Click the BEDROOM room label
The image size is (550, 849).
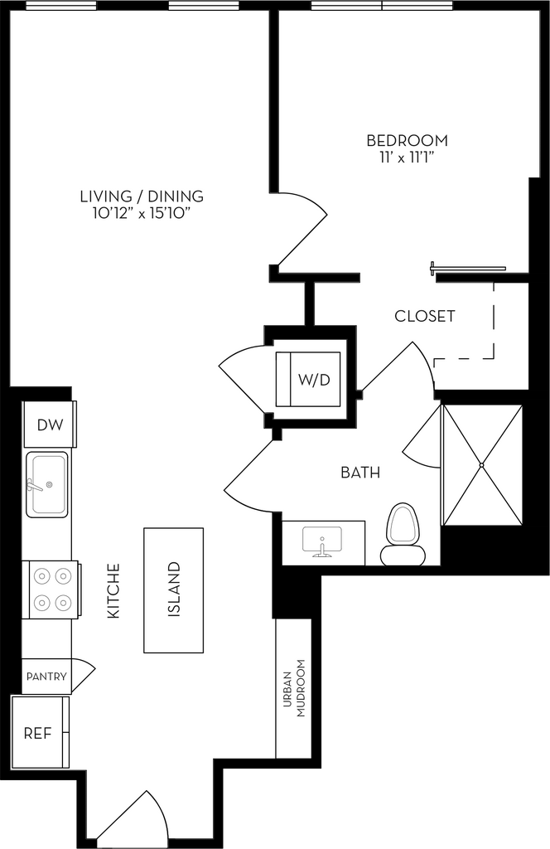point(408,141)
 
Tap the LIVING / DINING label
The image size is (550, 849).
point(142,196)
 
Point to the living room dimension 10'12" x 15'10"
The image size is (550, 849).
point(142,214)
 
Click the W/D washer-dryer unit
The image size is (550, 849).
point(308,379)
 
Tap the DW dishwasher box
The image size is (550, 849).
point(49,424)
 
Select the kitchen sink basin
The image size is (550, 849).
point(47,484)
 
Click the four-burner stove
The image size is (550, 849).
point(51,589)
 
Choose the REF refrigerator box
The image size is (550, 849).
point(40,733)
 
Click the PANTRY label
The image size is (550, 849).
point(46,677)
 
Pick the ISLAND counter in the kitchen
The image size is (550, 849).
point(174,590)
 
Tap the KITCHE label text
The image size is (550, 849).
point(113,591)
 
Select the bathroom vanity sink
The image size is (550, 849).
point(323,541)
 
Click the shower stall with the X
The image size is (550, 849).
point(482,464)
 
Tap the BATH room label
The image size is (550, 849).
point(360,473)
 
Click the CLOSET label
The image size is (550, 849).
point(425,316)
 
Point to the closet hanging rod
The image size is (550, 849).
point(468,267)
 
